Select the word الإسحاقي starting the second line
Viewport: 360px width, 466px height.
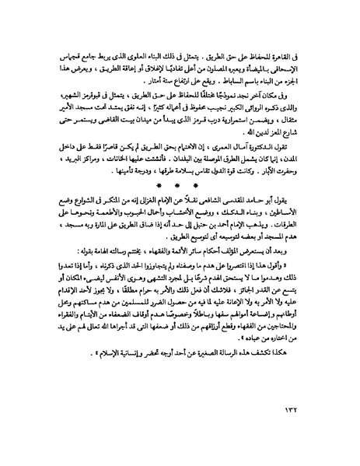tap(295, 70)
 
